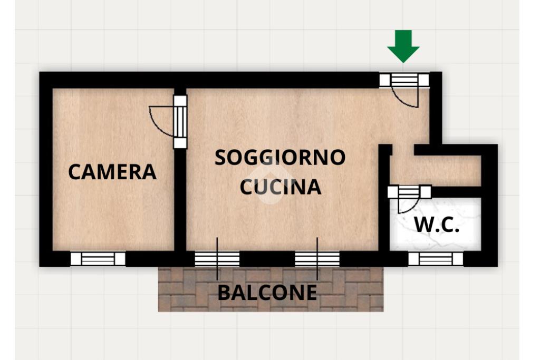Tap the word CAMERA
[x=112, y=172]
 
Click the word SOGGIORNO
[x=280, y=157]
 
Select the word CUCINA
[x=281, y=187]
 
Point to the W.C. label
[x=437, y=225]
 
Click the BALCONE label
[x=267, y=292]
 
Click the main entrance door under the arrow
[x=404, y=80]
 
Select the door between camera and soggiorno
[x=180, y=121]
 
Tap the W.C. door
[x=409, y=192]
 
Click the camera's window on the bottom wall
[x=98, y=259]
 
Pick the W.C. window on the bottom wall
[x=436, y=259]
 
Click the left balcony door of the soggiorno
[x=217, y=259]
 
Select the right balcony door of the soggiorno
[x=317, y=259]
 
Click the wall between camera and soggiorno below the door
[x=180, y=200]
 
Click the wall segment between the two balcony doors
[x=267, y=259]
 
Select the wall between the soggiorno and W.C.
[x=384, y=211]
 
